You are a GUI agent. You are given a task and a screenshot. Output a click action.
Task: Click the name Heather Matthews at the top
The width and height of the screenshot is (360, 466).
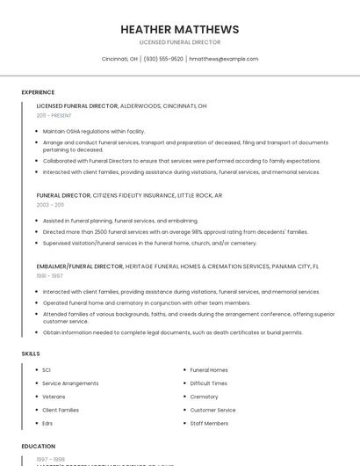click(x=179, y=29)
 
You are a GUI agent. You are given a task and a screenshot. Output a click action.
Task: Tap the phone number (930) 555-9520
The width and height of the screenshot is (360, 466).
click(x=163, y=59)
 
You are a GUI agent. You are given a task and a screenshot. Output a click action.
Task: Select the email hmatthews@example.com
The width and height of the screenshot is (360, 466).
click(x=224, y=59)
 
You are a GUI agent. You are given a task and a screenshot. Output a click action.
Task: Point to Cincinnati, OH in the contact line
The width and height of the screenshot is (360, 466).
click(x=119, y=59)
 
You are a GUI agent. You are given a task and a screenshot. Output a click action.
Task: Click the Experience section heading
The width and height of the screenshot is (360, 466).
click(x=38, y=92)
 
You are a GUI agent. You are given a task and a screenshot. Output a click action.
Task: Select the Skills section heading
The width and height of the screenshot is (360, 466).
click(x=30, y=353)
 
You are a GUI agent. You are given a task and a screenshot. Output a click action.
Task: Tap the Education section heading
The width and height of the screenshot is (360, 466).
click(x=39, y=446)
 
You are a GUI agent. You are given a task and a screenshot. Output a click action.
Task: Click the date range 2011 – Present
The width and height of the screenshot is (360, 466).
click(x=54, y=115)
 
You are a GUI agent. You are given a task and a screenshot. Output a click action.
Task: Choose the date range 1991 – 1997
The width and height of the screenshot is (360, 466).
click(x=49, y=275)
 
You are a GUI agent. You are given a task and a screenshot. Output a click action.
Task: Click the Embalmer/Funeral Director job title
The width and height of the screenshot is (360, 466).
click(x=80, y=266)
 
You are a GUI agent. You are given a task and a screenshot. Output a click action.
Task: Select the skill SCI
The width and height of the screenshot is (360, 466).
click(x=47, y=370)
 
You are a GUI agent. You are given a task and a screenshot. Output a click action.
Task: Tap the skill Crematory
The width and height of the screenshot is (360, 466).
click(x=204, y=397)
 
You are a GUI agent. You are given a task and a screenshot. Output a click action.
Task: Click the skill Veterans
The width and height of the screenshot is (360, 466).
click(x=54, y=397)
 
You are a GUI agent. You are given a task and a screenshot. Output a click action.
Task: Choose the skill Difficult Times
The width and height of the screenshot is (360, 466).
click(x=208, y=383)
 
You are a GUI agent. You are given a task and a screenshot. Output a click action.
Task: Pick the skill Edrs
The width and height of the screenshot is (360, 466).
click(x=47, y=423)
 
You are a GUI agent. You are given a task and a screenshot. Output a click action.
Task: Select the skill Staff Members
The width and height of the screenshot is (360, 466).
click(x=209, y=423)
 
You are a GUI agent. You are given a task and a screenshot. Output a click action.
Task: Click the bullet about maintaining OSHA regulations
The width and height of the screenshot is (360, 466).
click(x=94, y=131)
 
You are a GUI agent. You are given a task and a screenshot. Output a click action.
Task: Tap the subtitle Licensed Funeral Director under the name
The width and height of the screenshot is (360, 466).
click(x=179, y=42)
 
